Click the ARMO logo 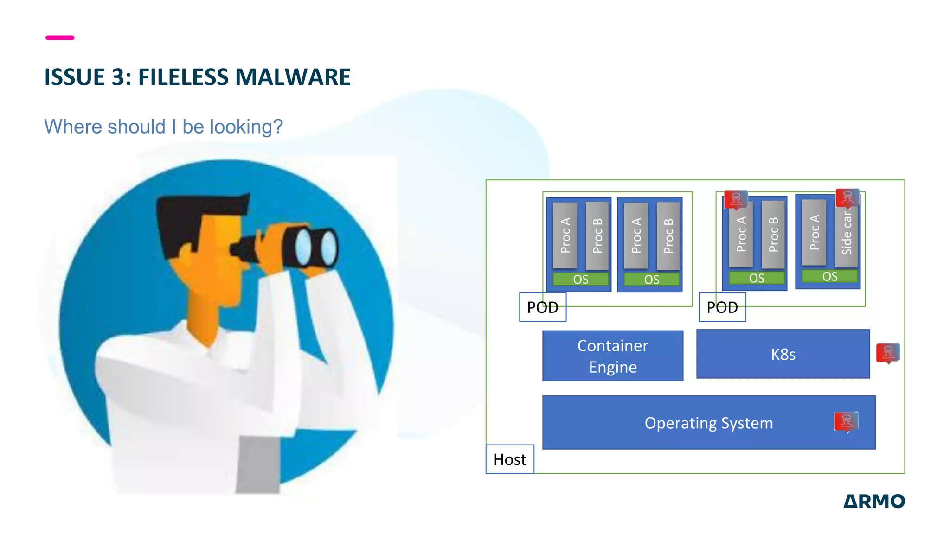pos(873,501)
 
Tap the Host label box pos(509,459)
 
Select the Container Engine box pos(612,356)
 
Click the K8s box pos(783,354)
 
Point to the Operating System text pos(708,423)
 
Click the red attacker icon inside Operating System pos(846,422)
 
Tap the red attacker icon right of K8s pos(887,353)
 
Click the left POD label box pos(542,307)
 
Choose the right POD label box pos(722,307)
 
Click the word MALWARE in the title pos(293,77)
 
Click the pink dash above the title pos(60,38)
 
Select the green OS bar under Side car pos(829,277)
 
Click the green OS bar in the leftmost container pos(580,280)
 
